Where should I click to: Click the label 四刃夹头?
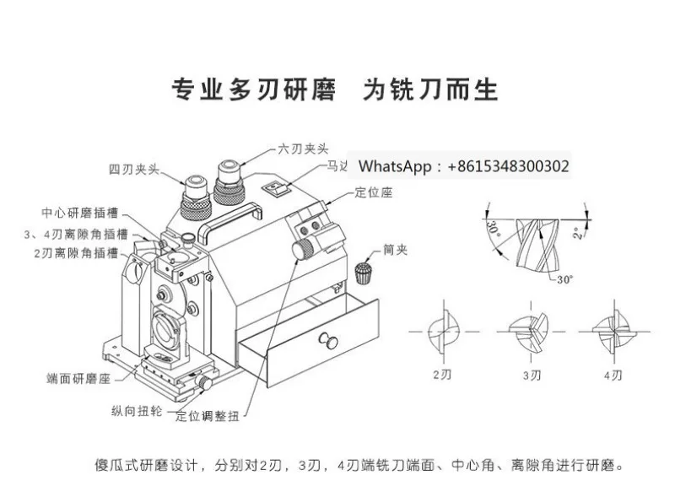click(x=134, y=168)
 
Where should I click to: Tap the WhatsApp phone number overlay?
click(x=463, y=166)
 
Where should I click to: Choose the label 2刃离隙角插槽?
click(x=81, y=252)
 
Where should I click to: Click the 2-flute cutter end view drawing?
click(x=441, y=331)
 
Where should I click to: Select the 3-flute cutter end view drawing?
click(x=528, y=331)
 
